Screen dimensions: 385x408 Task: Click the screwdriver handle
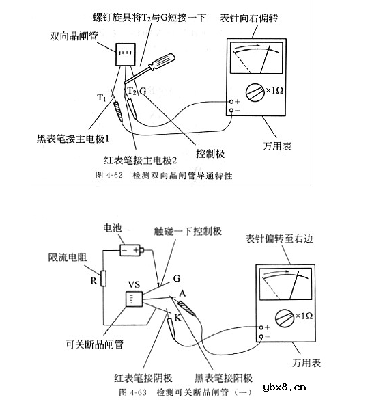161,62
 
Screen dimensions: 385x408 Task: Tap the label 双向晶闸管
74,36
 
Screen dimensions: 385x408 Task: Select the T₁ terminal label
102,98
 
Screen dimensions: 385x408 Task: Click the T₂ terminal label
132,90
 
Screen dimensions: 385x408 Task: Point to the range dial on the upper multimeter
255,92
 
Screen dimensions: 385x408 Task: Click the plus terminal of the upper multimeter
231,101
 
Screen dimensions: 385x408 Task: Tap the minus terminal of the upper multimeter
231,111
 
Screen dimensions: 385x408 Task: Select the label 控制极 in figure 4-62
210,154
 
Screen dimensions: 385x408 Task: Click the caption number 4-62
114,175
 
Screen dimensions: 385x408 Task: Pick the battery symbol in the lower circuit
132,250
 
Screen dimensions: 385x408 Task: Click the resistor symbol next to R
104,278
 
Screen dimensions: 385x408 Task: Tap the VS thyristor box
134,299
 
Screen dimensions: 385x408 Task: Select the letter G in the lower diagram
177,278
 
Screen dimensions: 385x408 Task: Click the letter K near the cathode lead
177,318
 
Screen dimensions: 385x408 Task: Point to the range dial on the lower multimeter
285,318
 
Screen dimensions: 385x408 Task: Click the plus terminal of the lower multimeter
261,327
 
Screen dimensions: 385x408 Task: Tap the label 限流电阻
68,258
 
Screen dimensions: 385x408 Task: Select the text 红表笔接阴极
143,378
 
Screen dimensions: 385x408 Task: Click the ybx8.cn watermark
285,387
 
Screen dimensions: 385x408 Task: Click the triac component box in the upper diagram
126,55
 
